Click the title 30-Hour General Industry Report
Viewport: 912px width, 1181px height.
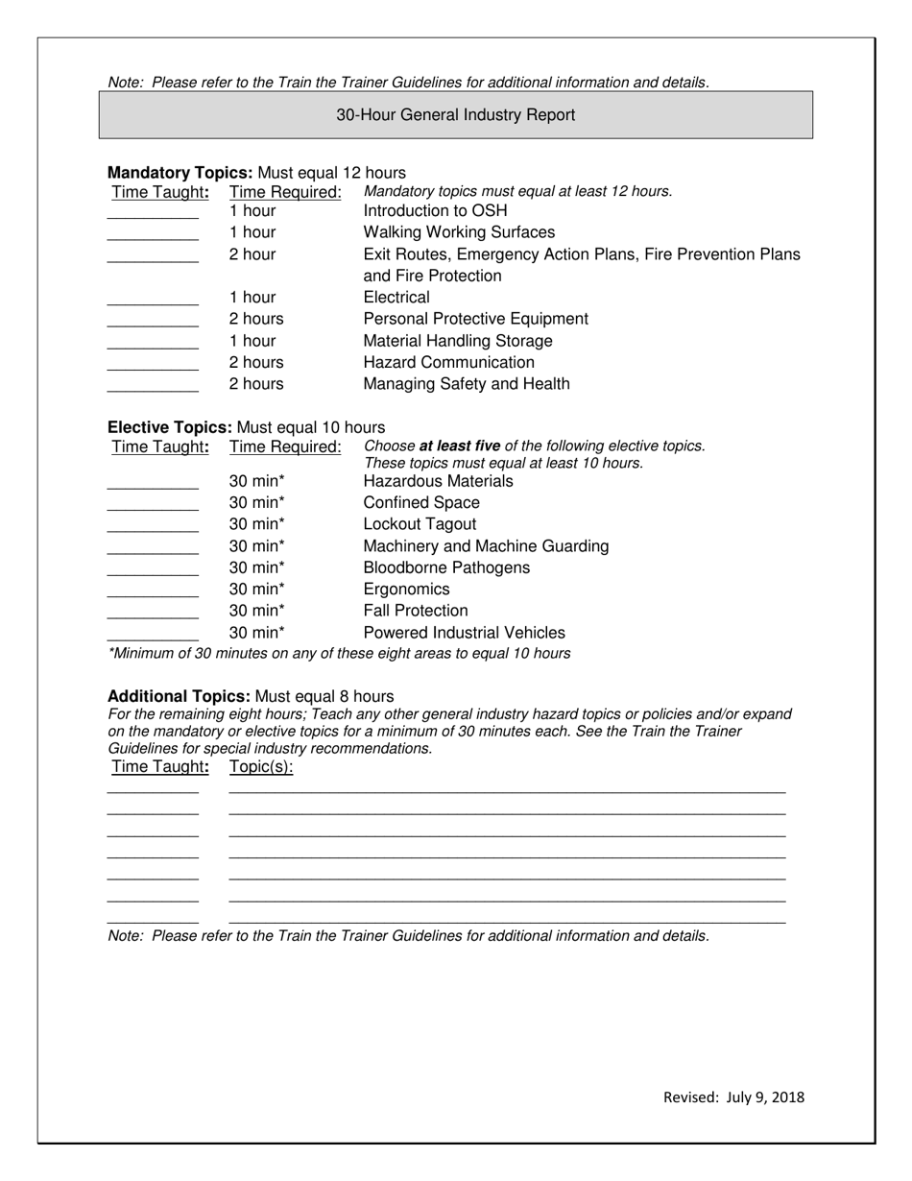pyautogui.click(x=455, y=115)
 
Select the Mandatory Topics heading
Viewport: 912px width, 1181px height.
pyautogui.click(x=180, y=173)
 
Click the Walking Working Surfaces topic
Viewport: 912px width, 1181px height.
pyautogui.click(x=459, y=232)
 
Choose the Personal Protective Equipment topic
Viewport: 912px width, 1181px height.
pyautogui.click(x=475, y=319)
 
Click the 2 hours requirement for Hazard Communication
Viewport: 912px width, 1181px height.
pyautogui.click(x=256, y=362)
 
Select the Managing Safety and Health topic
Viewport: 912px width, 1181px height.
pyautogui.click(x=467, y=384)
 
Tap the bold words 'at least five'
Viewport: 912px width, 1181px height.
pyautogui.click(x=459, y=446)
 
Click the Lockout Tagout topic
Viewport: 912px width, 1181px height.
pyautogui.click(x=420, y=524)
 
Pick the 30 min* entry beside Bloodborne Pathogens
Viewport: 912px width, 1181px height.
pyautogui.click(x=257, y=567)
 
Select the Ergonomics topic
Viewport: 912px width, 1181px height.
pyautogui.click(x=406, y=590)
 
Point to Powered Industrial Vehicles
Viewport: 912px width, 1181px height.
pyautogui.click(x=464, y=633)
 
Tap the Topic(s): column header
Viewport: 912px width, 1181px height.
pyautogui.click(x=261, y=766)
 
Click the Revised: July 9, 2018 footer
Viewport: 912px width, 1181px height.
pyautogui.click(x=733, y=1097)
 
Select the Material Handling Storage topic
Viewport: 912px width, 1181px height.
pyautogui.click(x=458, y=341)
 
